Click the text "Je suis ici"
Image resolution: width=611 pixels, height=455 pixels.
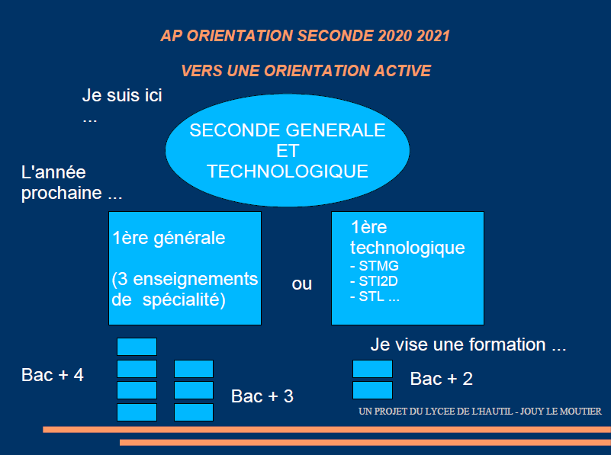(x=122, y=95)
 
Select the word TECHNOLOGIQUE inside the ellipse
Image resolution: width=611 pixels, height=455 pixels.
(x=288, y=171)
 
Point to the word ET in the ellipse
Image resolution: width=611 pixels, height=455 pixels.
(x=288, y=151)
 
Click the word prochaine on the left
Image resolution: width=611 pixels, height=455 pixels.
(x=62, y=194)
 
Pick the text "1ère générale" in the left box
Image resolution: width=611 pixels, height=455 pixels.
(x=169, y=238)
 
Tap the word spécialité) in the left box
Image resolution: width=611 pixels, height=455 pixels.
(x=184, y=300)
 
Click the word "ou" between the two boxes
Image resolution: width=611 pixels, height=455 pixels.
(x=301, y=284)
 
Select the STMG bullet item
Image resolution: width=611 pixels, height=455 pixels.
(x=375, y=266)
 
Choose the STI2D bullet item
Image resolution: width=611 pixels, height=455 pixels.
(x=374, y=281)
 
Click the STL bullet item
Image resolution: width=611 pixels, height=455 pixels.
(x=375, y=296)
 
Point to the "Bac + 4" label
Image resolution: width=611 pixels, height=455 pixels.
(x=53, y=375)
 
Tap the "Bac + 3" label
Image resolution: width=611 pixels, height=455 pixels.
(x=262, y=396)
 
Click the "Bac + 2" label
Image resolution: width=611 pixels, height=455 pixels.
(x=442, y=379)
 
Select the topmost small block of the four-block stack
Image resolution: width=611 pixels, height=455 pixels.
(x=137, y=347)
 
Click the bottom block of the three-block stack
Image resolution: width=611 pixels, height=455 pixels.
(x=194, y=412)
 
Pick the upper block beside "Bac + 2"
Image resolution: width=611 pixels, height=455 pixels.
(x=372, y=369)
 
